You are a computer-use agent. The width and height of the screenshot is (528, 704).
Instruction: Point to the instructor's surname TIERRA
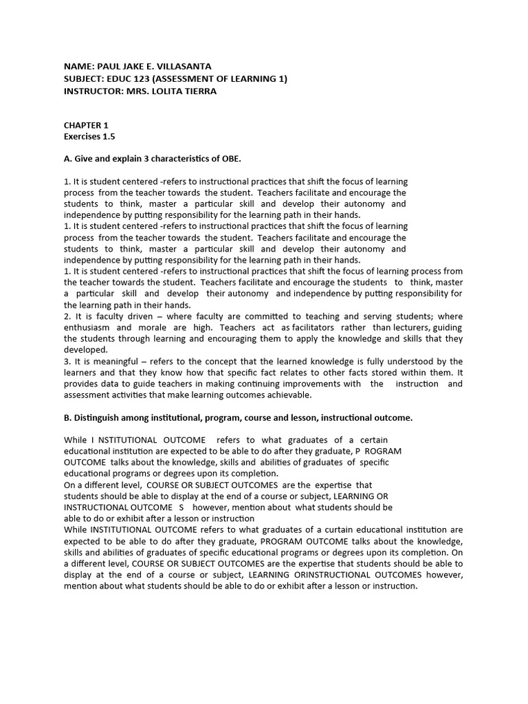tap(200, 91)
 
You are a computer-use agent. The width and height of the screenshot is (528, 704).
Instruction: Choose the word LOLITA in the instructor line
tap(164, 91)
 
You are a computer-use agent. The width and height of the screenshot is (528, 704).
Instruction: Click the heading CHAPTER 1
tap(86, 126)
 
